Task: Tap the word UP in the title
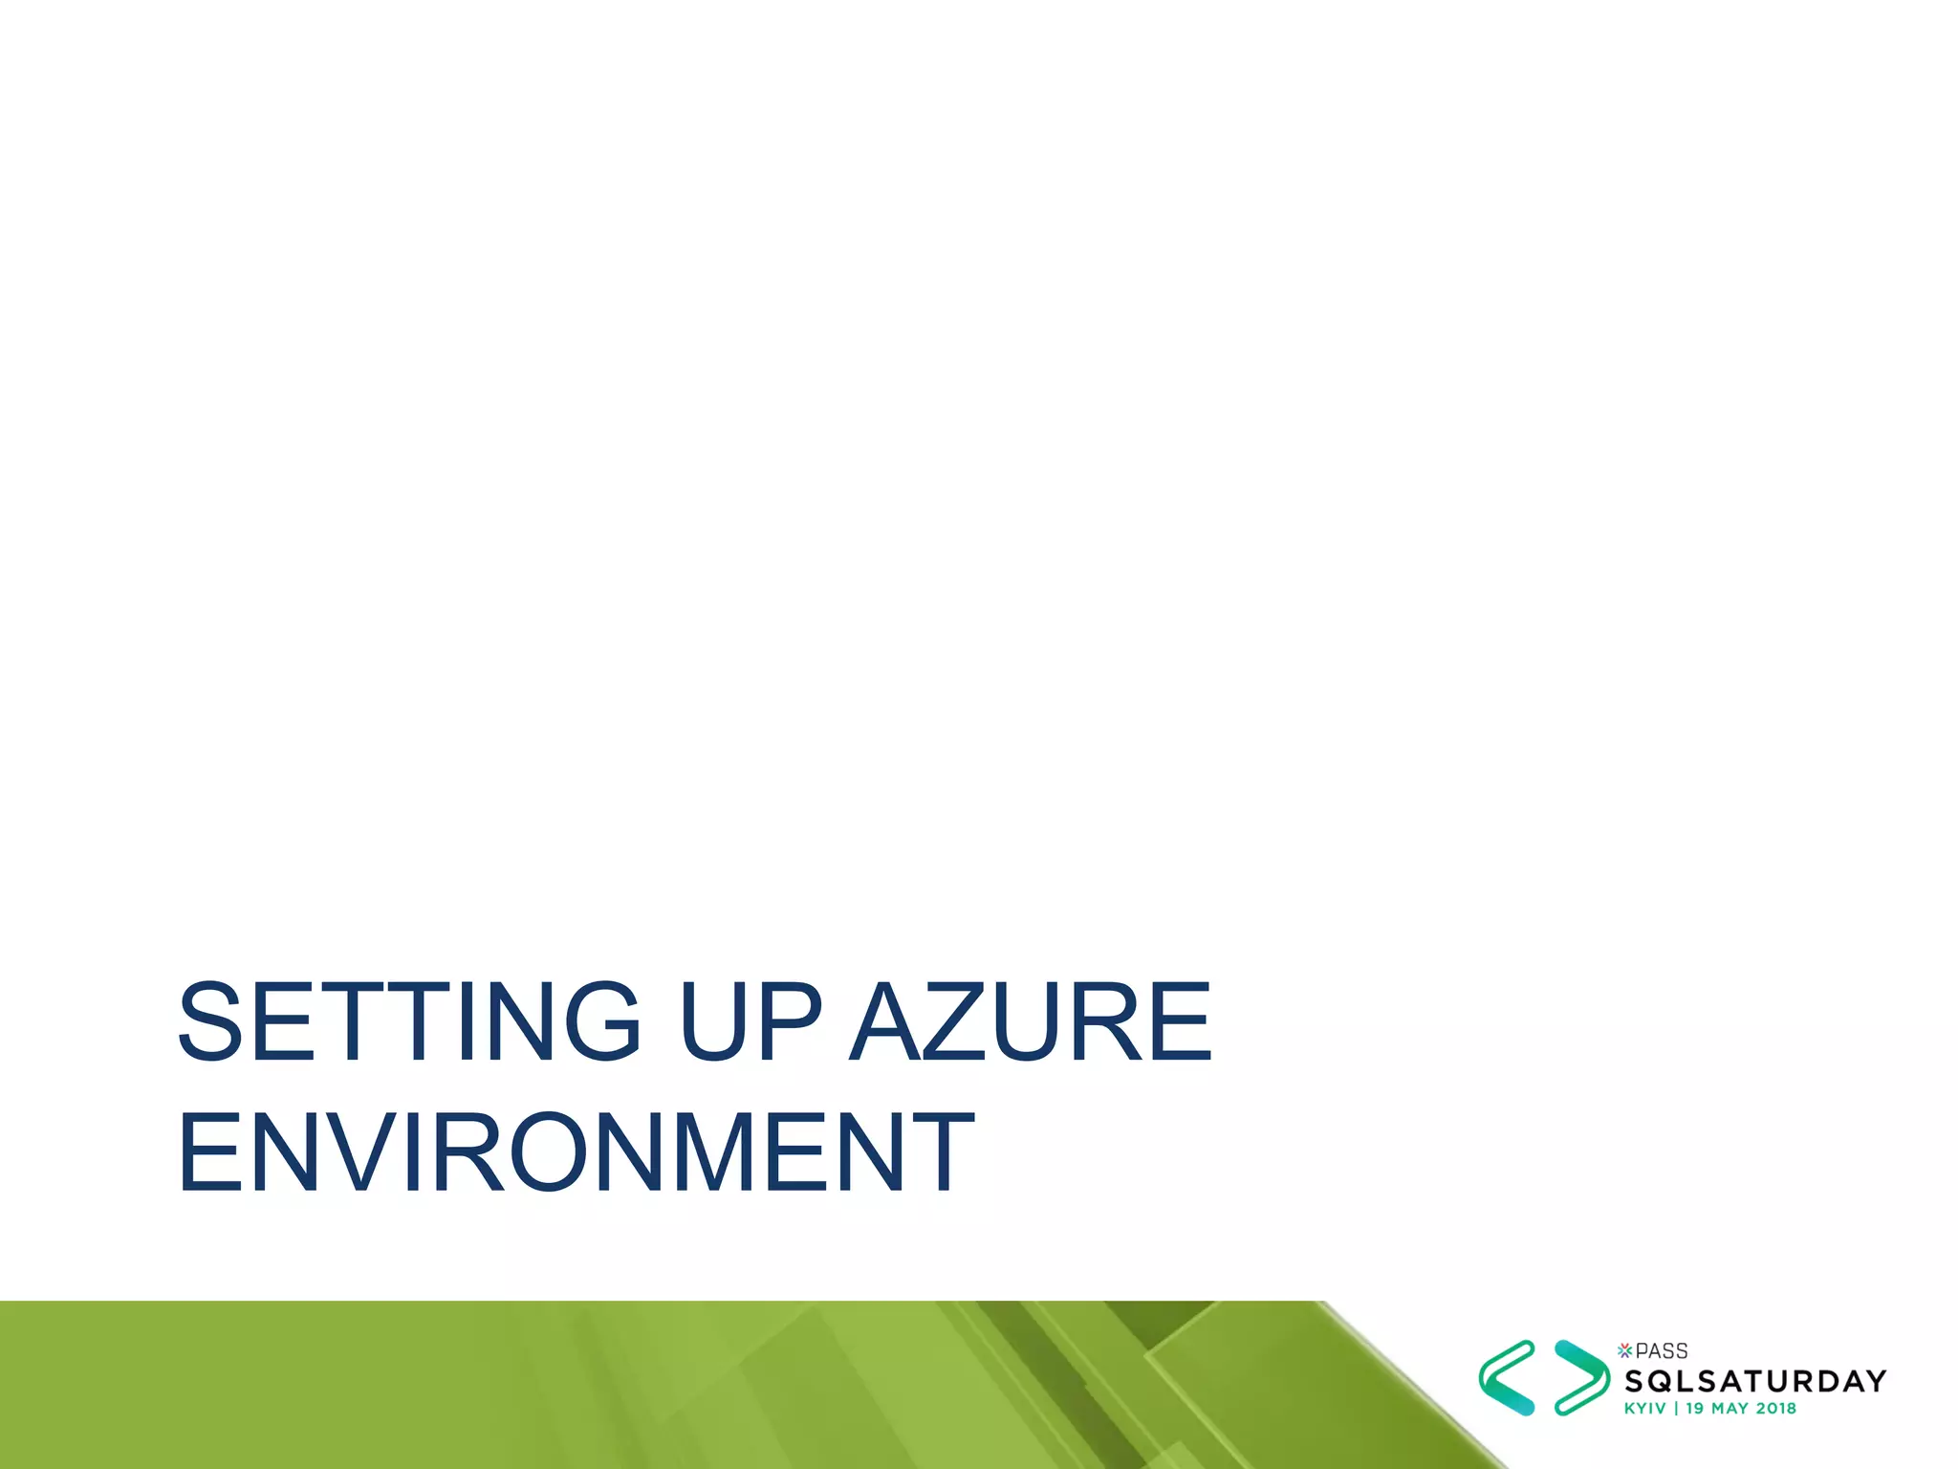point(751,1021)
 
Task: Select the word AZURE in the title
point(1031,1021)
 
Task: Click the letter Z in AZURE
point(956,1021)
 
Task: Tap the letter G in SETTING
point(596,1021)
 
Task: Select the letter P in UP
point(790,1021)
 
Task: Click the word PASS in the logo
point(1662,1351)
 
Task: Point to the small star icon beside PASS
point(1624,1350)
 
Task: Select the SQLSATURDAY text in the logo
point(1755,1381)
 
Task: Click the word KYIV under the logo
point(1644,1409)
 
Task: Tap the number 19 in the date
point(1695,1409)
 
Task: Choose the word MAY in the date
point(1730,1409)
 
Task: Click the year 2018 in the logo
point(1775,1409)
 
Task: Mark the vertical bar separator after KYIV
point(1676,1409)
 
